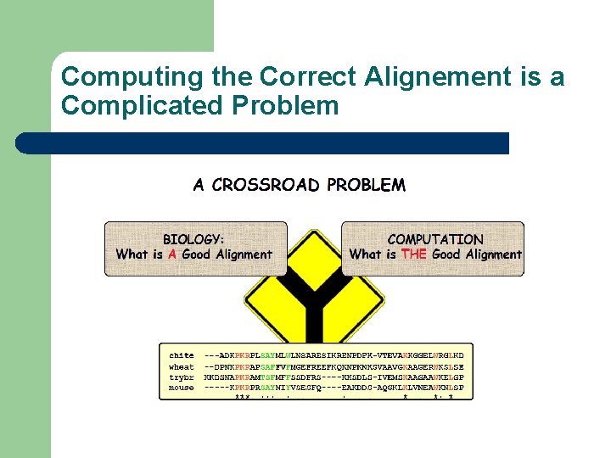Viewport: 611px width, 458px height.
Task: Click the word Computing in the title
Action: [x=115, y=77]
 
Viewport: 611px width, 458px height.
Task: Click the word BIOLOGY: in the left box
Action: [x=193, y=240]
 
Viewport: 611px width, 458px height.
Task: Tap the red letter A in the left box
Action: [x=172, y=254]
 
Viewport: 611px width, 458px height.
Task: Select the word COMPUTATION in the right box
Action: [x=434, y=240]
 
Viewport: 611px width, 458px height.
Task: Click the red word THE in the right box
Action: [x=414, y=254]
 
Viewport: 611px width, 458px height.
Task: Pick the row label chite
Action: [x=181, y=355]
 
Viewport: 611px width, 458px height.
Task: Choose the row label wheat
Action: [x=181, y=366]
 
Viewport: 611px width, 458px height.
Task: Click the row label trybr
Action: [x=181, y=377]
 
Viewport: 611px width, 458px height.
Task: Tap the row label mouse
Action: [x=181, y=388]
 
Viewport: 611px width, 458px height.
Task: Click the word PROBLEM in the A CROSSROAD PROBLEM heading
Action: [x=366, y=185]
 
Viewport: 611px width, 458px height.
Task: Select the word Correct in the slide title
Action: [x=311, y=77]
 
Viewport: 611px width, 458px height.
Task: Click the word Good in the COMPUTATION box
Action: [x=446, y=254]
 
